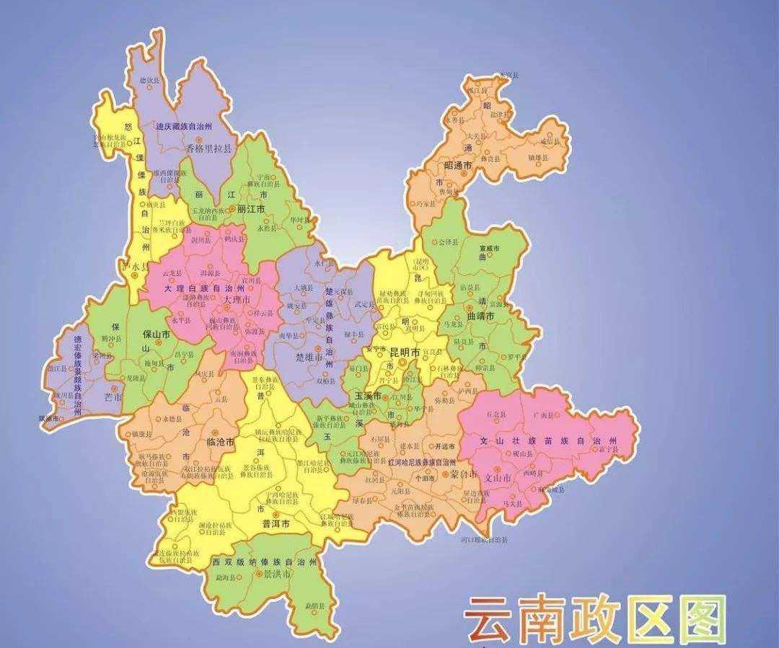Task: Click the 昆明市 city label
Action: [x=405, y=352]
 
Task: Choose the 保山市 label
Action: [x=157, y=335]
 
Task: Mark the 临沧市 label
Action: [x=220, y=442]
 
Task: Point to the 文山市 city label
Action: [x=498, y=478]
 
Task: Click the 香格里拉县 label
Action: [x=209, y=149]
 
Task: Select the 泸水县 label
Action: [x=136, y=267]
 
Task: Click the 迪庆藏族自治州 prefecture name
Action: [x=184, y=125]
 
